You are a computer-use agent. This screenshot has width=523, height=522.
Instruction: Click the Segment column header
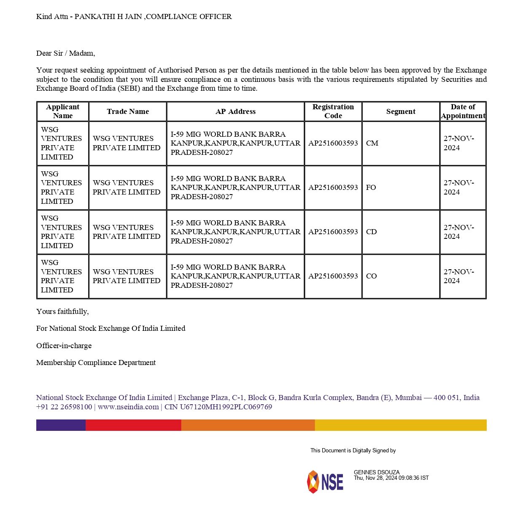point(401,111)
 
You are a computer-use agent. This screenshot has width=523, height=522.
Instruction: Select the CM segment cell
point(372,143)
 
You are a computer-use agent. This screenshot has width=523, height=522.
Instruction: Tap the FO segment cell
point(371,187)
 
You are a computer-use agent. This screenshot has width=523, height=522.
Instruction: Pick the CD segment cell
point(372,232)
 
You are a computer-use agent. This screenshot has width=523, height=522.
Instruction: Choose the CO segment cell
point(372,276)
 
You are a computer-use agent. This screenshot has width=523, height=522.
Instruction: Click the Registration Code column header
point(333,111)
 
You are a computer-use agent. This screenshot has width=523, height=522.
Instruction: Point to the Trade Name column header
point(128,111)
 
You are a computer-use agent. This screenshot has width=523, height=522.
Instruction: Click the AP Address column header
point(235,111)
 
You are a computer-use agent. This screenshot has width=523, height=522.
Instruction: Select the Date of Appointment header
point(463,111)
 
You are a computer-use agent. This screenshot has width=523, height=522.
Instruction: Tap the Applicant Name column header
point(63,111)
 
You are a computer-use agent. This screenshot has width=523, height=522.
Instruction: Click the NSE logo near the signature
point(325,481)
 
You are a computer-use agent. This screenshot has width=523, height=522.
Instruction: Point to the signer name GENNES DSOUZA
point(377,472)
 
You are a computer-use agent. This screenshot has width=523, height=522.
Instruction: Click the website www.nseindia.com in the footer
point(128,407)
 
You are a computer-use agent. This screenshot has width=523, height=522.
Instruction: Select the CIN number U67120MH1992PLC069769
point(226,407)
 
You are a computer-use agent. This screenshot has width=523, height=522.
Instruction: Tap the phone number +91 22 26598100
point(64,407)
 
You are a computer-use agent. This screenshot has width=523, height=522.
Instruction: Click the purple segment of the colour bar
point(61,425)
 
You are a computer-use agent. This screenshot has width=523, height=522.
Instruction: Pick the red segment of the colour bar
point(133,425)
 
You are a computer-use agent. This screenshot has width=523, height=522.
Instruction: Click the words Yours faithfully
point(62,311)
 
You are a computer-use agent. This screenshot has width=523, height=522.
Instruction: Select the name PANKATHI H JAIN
point(108,16)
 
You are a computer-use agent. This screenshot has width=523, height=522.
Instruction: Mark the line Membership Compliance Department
point(96,362)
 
